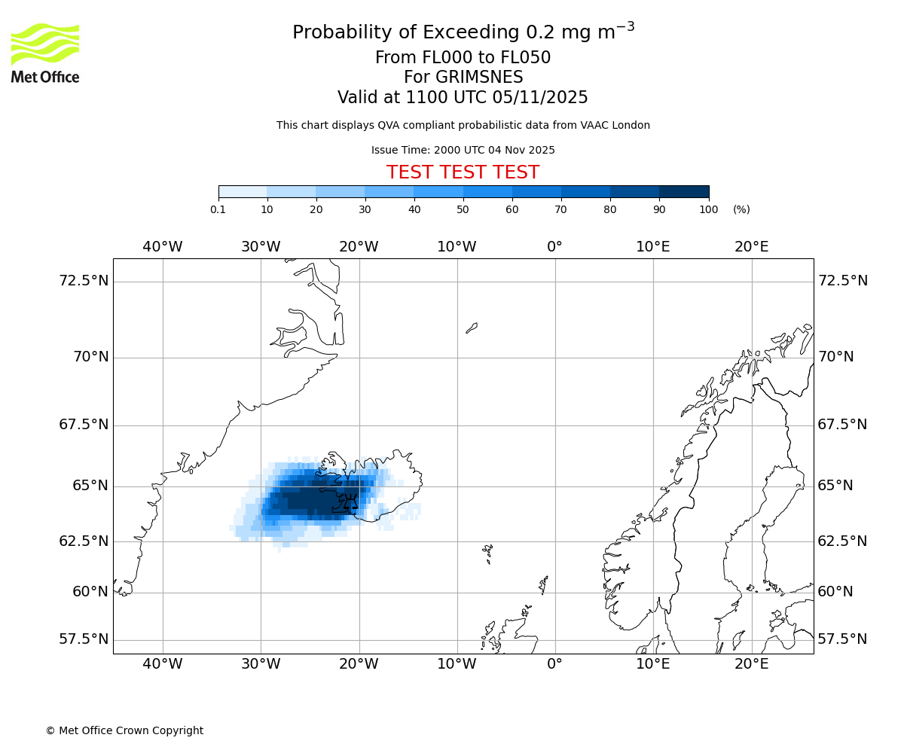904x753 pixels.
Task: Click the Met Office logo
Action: (x=45, y=53)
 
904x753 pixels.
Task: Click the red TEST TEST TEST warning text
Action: (x=463, y=172)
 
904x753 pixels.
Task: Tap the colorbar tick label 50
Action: (x=463, y=209)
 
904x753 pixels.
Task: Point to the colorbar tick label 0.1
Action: (x=218, y=209)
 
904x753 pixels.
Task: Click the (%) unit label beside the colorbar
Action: (x=741, y=209)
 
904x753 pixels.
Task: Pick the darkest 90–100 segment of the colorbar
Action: (x=684, y=191)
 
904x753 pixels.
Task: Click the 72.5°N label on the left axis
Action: (x=84, y=281)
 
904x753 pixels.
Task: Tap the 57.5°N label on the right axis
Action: (x=842, y=639)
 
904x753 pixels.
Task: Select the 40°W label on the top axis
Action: (x=162, y=246)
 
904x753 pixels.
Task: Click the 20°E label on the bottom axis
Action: (x=751, y=663)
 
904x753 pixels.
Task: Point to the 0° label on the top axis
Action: (x=554, y=246)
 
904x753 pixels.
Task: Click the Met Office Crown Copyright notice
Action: (x=124, y=730)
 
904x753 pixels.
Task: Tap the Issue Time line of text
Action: (x=463, y=150)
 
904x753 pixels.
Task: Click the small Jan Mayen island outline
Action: (x=472, y=328)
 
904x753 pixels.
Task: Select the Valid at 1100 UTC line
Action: (x=463, y=97)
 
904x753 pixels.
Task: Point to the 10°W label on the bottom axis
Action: (x=457, y=663)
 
